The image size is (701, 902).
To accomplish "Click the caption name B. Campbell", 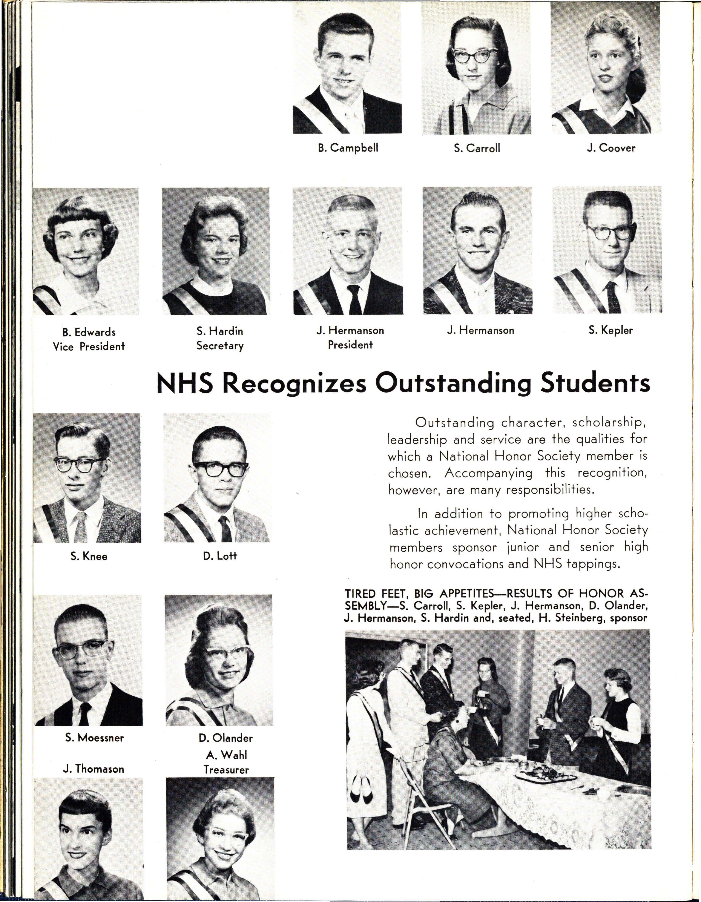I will click(348, 148).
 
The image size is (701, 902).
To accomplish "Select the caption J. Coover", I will click(611, 148).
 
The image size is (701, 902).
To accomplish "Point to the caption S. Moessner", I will click(95, 738).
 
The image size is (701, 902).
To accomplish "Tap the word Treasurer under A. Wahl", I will click(226, 770).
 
